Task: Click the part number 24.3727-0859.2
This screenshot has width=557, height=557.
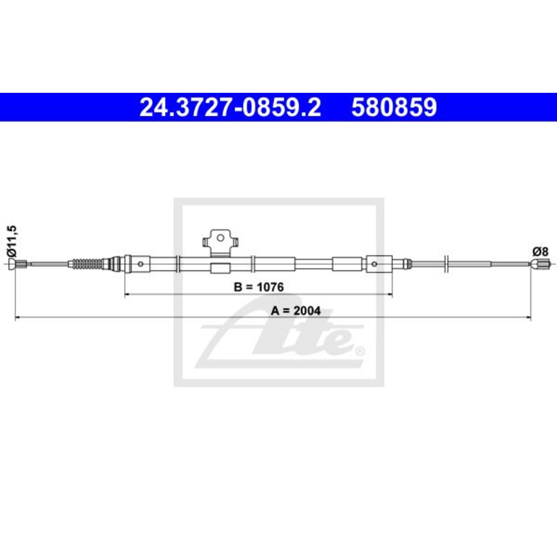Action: coord(230,107)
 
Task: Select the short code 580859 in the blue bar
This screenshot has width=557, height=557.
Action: coord(394,107)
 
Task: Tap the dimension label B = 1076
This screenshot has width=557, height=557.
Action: coord(259,287)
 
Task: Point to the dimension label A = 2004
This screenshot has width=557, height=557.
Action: coord(295,311)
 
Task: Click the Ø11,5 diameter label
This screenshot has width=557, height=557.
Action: coord(13,242)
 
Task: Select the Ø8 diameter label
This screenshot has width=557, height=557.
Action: coord(540,252)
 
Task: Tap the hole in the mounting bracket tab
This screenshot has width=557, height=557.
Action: coord(220,238)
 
